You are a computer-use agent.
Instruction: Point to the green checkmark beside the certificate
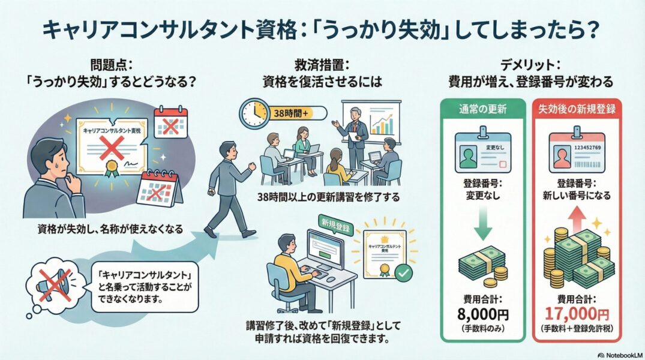[x=404, y=272]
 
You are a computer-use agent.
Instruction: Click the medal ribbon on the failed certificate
[x=109, y=169]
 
